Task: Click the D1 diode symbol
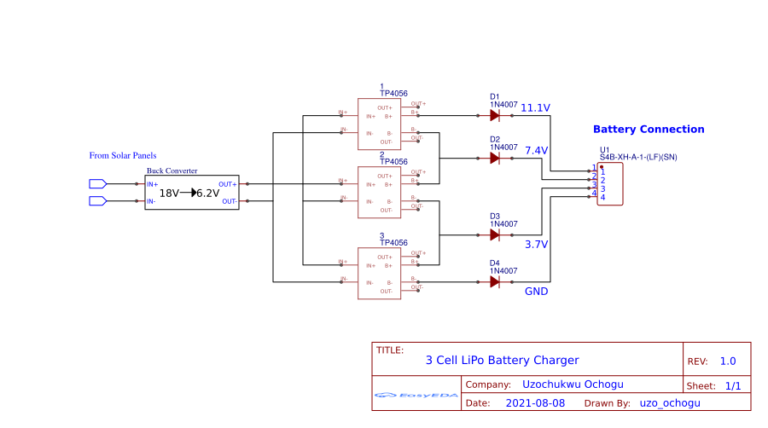tap(495, 115)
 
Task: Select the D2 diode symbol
tap(495, 158)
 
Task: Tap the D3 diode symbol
tap(495, 234)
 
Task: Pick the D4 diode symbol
tap(495, 281)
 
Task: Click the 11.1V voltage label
tap(535, 107)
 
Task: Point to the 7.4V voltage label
tap(536, 150)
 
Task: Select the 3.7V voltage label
tap(536, 244)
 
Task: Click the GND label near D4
tap(536, 292)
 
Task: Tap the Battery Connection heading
tap(649, 130)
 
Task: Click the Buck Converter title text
tap(172, 171)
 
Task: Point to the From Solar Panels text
tap(123, 155)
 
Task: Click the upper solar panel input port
tap(97, 183)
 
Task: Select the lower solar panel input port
tap(97, 201)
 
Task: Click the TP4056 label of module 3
tap(393, 243)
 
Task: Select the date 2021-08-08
tap(535, 402)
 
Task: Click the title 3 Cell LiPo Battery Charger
tap(502, 361)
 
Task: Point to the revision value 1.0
tap(727, 361)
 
